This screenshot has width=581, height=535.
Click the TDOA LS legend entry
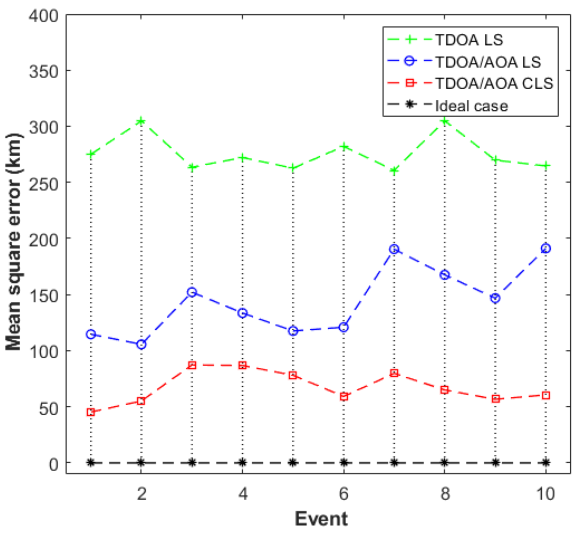pyautogui.click(x=469, y=40)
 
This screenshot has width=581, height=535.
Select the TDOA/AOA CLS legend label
pyautogui.click(x=494, y=83)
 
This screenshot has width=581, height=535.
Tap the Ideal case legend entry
pyautogui.click(x=471, y=106)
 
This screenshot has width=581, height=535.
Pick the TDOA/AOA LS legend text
pyautogui.click(x=488, y=62)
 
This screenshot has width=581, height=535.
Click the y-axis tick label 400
pyautogui.click(x=44, y=16)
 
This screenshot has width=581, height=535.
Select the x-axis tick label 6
pyautogui.click(x=343, y=494)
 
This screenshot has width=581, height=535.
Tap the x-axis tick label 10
pyautogui.click(x=545, y=494)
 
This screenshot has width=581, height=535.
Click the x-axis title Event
pyautogui.click(x=321, y=519)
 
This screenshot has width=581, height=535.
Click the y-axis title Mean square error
pyautogui.click(x=14, y=241)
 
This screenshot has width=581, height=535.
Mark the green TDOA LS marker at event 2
pyautogui.click(x=141, y=121)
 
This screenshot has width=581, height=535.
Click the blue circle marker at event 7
pyautogui.click(x=394, y=249)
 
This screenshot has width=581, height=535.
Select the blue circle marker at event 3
pyautogui.click(x=192, y=292)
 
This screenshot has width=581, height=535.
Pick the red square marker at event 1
pyautogui.click(x=91, y=412)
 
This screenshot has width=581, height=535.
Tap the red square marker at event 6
pyautogui.click(x=343, y=396)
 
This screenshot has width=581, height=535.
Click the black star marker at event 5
pyautogui.click(x=293, y=462)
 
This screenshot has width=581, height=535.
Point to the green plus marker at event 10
pyautogui.click(x=545, y=166)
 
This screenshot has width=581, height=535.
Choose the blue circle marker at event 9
pyautogui.click(x=495, y=298)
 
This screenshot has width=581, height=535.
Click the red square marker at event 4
pyautogui.click(x=242, y=365)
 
